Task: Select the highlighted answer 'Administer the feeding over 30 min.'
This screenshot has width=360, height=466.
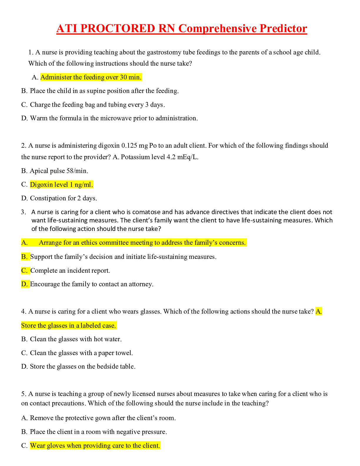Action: coord(91,77)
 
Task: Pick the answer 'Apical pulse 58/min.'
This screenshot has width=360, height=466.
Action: coord(59,171)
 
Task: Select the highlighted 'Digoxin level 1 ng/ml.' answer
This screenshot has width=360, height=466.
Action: coord(61,185)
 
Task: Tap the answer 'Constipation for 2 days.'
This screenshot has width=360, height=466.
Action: coord(63,198)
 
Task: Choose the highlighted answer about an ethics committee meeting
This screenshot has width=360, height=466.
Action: coord(142,243)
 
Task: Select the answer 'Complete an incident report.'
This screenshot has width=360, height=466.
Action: coord(70,271)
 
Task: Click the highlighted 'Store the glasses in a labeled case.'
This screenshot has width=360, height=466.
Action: coord(69,326)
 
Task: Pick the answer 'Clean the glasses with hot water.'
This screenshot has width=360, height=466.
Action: coord(76,339)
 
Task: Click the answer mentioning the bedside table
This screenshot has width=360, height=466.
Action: coord(82,367)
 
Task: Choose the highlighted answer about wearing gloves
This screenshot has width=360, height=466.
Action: coord(95,446)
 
